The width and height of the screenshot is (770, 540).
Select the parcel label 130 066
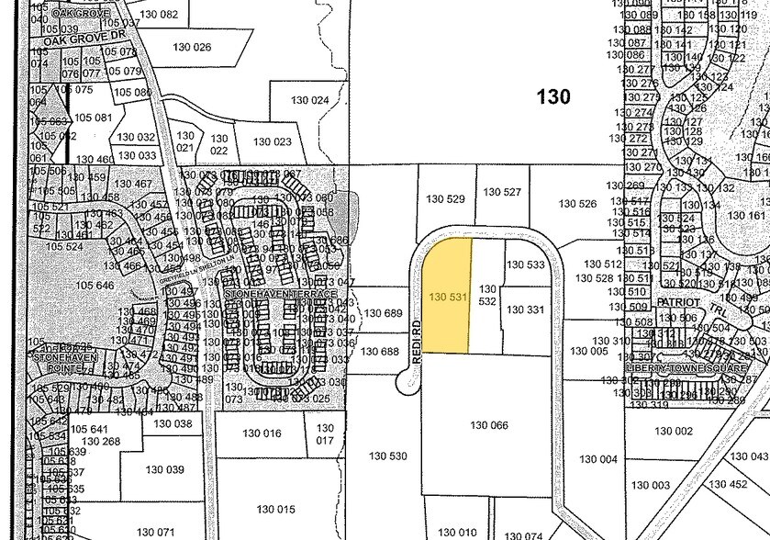(x=488, y=425)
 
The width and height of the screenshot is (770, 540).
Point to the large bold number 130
(x=553, y=96)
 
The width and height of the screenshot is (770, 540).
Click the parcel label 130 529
(x=447, y=198)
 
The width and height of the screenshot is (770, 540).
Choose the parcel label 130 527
(x=502, y=192)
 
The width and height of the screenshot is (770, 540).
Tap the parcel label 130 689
(x=383, y=314)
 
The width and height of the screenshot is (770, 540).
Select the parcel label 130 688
(x=378, y=351)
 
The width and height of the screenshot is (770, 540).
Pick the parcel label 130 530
(x=387, y=456)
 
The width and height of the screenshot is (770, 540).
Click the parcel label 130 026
(x=192, y=47)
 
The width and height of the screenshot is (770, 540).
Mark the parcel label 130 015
(x=275, y=509)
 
